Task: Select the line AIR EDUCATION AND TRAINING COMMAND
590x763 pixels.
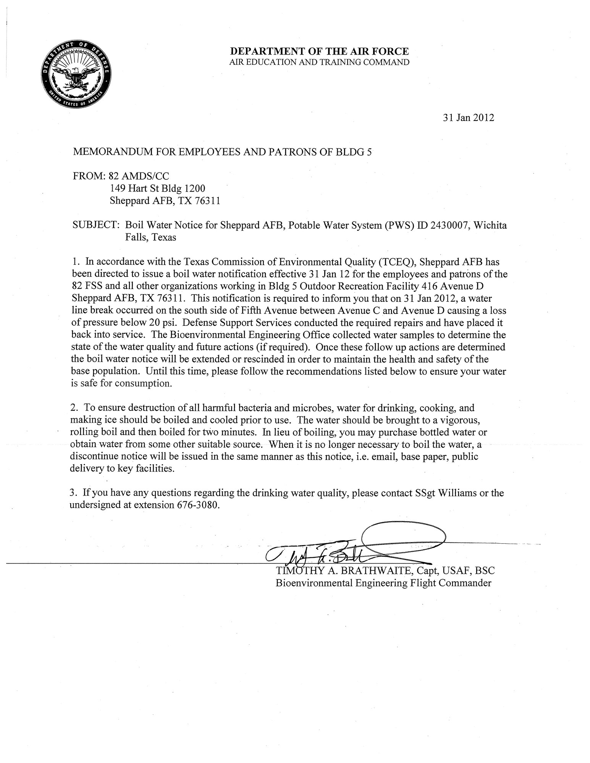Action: pos(319,62)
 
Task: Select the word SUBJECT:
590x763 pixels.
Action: pos(96,225)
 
